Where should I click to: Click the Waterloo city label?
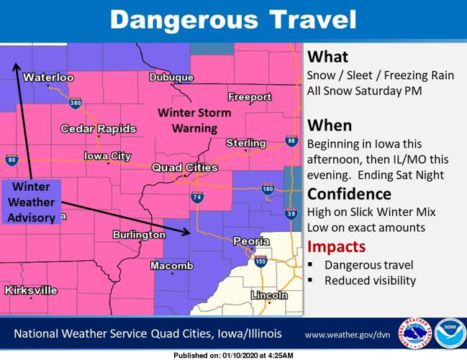[x=48, y=77]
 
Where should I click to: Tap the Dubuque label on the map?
[x=171, y=78]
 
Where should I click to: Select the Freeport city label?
[x=250, y=96]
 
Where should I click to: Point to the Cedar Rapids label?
[x=99, y=129]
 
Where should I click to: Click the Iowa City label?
[x=107, y=156]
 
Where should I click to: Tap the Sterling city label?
[x=245, y=143]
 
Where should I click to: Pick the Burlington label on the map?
[x=139, y=235]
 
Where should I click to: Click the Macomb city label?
[x=172, y=266]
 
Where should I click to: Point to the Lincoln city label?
[x=269, y=295]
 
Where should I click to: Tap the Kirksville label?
[x=30, y=290]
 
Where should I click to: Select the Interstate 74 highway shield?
[x=196, y=197]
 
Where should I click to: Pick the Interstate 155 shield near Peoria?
[x=260, y=262]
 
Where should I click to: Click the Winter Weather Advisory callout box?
[x=31, y=202]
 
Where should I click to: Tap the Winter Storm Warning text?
[x=194, y=120]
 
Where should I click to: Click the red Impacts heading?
[x=336, y=246]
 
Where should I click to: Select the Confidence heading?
[x=349, y=194]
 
